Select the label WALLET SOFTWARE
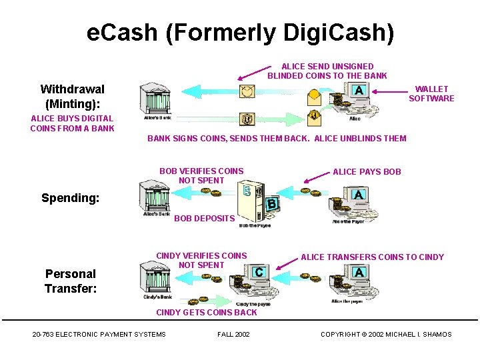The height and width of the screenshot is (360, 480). coord(431,93)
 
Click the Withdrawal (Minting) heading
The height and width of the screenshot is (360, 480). coord(72,96)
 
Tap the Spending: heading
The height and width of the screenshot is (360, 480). coord(70,198)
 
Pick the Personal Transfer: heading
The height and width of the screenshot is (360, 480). coord(71,281)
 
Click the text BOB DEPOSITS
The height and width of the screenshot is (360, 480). coord(205,219)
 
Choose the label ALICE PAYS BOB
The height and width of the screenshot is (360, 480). coord(367,172)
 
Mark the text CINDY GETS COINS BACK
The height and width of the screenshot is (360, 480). coord(206,313)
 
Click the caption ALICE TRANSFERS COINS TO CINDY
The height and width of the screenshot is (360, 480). coord(372,257)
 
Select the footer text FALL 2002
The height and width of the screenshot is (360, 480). coord(233,335)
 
